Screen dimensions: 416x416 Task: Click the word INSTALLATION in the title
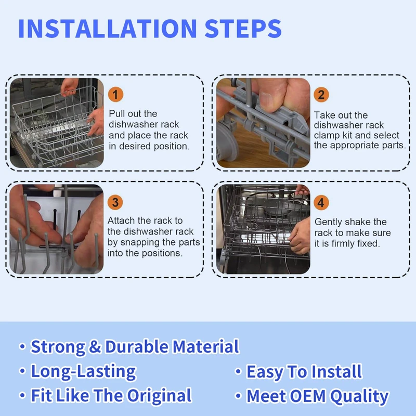coord(108,29)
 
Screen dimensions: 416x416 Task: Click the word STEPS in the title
coord(243,29)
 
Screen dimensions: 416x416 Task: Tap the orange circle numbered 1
coord(115,95)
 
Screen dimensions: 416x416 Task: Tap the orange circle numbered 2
coord(321,95)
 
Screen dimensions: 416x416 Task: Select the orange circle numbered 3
coord(115,202)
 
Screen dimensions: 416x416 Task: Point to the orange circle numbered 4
coord(321,203)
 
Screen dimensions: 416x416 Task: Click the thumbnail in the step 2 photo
coord(268,100)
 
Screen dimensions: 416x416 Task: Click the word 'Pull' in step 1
coord(117,114)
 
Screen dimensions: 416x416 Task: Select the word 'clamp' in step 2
coord(327,135)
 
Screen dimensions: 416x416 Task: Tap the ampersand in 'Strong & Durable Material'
coord(95,347)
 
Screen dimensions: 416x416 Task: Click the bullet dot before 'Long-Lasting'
coord(22,371)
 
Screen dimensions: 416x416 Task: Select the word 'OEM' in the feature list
coord(308,396)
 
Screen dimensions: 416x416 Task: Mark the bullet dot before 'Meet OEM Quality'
coord(238,396)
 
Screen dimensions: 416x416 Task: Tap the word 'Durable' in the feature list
coord(137,346)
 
